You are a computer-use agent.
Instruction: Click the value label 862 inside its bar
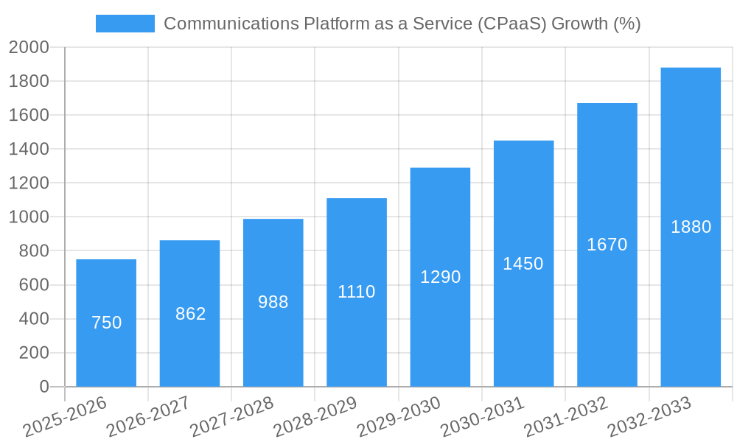[190, 314]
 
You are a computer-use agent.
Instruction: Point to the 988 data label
[273, 302]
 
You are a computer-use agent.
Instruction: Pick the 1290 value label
[440, 277]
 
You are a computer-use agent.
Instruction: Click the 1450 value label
[523, 264]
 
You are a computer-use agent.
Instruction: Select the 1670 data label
[607, 245]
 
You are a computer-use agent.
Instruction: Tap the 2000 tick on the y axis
[29, 48]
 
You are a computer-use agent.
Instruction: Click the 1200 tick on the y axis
[29, 183]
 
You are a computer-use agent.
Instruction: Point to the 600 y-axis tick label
[34, 285]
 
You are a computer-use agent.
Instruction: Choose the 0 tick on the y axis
[44, 387]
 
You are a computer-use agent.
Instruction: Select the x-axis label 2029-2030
[399, 417]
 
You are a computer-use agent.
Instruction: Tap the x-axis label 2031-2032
[566, 417]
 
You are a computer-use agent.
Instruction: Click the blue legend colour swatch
[125, 24]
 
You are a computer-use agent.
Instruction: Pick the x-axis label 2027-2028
[232, 417]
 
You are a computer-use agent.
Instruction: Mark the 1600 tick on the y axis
[29, 116]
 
